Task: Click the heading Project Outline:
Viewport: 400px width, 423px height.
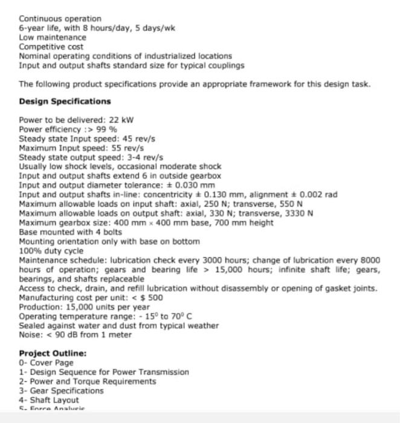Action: click(x=53, y=354)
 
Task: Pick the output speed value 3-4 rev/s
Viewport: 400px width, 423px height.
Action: click(x=131, y=157)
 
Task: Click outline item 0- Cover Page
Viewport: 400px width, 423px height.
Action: click(x=46, y=363)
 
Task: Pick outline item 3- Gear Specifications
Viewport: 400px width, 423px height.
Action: click(x=61, y=391)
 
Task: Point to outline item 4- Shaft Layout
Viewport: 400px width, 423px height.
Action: click(x=49, y=400)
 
